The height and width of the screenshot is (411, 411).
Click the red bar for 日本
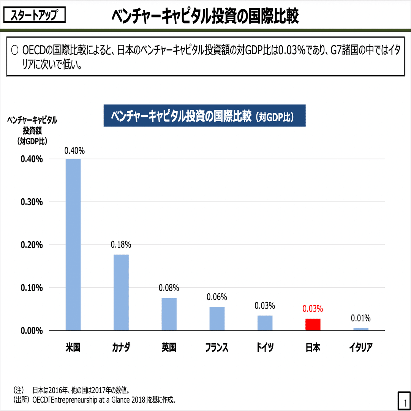pos(313,324)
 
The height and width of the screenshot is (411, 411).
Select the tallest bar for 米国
pos(73,245)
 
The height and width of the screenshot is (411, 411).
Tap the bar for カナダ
pos(121,292)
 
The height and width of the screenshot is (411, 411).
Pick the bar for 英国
pos(169,314)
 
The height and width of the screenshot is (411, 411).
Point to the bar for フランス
pos(217,319)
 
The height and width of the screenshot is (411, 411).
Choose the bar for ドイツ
pos(265,323)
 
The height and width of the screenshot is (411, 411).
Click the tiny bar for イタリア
pos(361,329)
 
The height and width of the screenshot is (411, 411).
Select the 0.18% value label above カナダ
pos(121,245)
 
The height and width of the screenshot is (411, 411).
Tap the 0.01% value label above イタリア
pos(360,318)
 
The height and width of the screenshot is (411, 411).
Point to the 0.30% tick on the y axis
pos(32,202)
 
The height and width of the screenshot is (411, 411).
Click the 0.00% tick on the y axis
pos(32,330)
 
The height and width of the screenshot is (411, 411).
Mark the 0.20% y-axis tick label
pos(32,245)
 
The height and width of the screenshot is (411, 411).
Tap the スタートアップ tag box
pos(35,15)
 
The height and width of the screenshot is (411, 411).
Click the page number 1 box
pos(404,401)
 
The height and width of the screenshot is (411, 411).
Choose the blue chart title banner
pos(204,116)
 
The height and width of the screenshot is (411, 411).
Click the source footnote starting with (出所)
pos(95,400)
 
